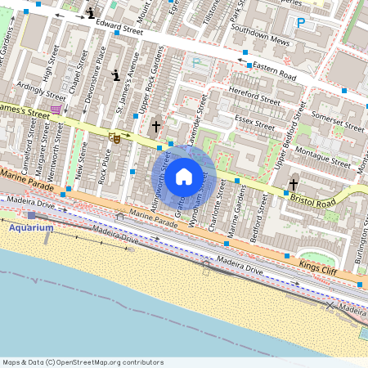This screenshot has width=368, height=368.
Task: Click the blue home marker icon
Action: pyautogui.click(x=184, y=175)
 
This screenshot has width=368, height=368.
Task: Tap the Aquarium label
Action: pyautogui.click(x=32, y=227)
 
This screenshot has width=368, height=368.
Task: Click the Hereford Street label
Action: pyautogui.click(x=256, y=95)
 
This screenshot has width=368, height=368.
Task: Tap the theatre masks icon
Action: pyautogui.click(x=117, y=138)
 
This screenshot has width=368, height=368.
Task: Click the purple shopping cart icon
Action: pyautogui.click(x=55, y=109)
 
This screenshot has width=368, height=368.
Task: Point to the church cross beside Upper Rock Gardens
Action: pyautogui.click(x=155, y=126)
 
